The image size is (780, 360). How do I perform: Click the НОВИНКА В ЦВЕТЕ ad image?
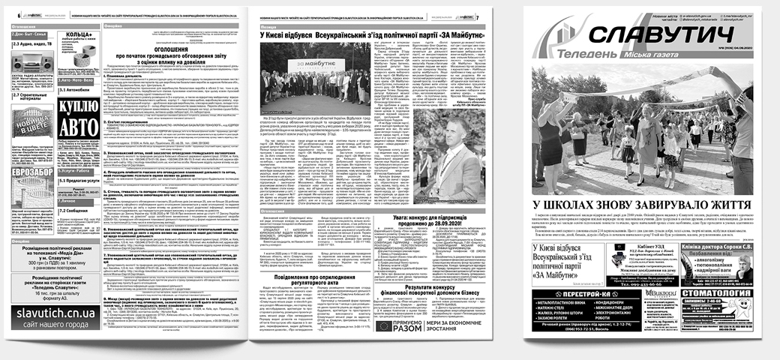[31, 118]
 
